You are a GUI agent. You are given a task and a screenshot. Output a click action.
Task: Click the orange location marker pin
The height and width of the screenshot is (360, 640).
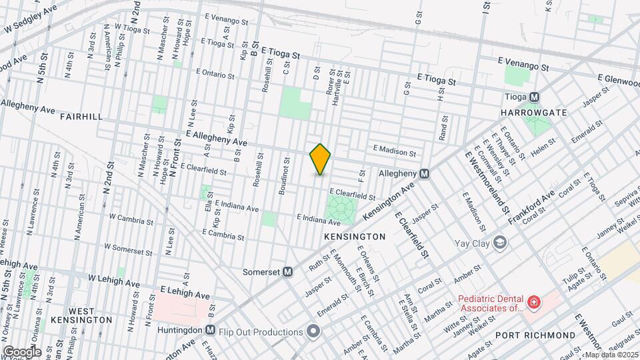click(x=320, y=159)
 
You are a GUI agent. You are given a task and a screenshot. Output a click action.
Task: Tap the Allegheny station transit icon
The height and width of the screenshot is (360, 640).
click(x=424, y=173)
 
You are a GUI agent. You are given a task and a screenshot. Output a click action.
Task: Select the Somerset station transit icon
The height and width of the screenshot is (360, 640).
click(x=288, y=271)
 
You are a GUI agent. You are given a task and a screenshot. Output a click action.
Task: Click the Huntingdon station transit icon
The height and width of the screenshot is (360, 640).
click(x=210, y=330)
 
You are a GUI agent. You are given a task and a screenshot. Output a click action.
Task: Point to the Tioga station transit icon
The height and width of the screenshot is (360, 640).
click(x=534, y=97)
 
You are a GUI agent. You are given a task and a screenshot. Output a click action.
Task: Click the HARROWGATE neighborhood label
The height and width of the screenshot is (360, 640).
click(x=533, y=113)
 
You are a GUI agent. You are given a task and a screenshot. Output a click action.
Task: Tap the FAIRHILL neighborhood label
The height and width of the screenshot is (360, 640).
click(x=81, y=117)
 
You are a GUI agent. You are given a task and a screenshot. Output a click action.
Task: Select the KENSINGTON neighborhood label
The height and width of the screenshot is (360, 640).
click(x=355, y=237)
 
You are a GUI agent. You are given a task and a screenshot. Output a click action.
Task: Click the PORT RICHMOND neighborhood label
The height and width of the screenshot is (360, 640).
click(x=535, y=335)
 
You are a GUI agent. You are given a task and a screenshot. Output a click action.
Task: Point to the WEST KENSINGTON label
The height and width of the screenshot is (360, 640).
click(x=81, y=315)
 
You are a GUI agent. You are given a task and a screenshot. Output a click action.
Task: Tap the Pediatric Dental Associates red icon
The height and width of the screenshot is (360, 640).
click(x=533, y=303)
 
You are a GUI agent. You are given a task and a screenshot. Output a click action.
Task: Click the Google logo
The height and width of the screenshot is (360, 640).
click(x=21, y=352)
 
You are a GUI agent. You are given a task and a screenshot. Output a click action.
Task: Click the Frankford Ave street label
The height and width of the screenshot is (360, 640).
click(x=531, y=207)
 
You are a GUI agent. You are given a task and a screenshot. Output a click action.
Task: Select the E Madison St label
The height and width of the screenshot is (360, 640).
click(x=394, y=150)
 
